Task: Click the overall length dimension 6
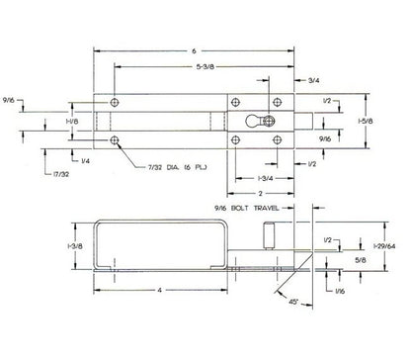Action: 194,51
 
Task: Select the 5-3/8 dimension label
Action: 205,67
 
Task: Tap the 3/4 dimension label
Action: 313,80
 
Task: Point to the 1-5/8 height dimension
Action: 366,122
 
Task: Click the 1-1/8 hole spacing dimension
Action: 72,122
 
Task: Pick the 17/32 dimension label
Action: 61,174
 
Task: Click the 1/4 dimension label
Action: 85,161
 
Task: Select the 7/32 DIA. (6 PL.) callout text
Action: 177,167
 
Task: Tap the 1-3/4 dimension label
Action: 265,179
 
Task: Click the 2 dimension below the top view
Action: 260,193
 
